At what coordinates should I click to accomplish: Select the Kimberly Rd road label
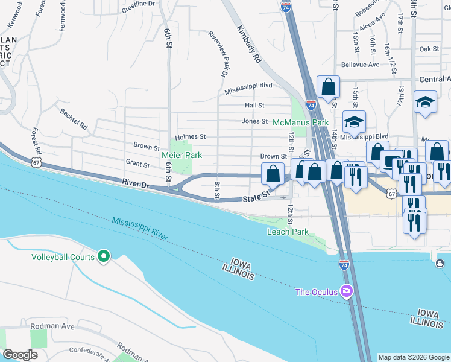[248, 45]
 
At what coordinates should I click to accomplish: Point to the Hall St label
[255, 105]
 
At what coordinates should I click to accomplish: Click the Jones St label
[254, 121]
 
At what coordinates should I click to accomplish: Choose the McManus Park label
[300, 122]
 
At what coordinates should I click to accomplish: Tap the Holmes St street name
[191, 137]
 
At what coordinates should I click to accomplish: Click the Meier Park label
[181, 156]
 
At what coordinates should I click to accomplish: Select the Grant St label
[137, 164]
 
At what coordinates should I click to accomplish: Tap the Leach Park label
[288, 232]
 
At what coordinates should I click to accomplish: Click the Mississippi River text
[139, 229]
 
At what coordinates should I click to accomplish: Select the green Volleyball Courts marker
[104, 257]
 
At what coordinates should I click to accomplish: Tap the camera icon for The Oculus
[345, 292]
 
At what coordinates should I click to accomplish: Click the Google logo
[20, 354]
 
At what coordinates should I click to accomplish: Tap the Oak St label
[429, 49]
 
